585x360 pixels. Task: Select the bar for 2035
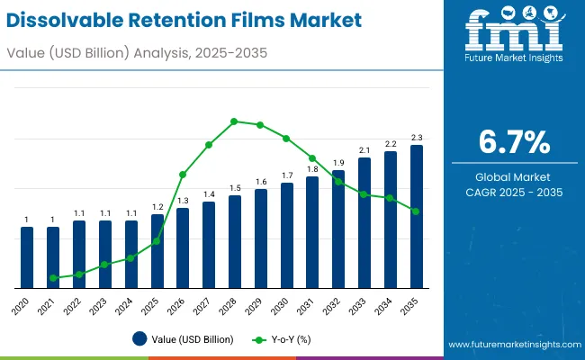pyautogui.click(x=417, y=216)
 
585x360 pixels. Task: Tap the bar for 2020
pyautogui.click(x=27, y=256)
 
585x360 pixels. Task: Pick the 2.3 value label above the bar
pyautogui.click(x=417, y=137)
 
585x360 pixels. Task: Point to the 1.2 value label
pyautogui.click(x=157, y=206)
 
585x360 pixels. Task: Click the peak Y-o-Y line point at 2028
pyautogui.click(x=235, y=121)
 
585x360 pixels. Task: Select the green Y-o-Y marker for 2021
pyautogui.click(x=53, y=278)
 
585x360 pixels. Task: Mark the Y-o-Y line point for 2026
pyautogui.click(x=183, y=174)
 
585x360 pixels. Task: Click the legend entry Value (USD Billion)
pyautogui.click(x=184, y=339)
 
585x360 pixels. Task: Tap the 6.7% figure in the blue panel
pyautogui.click(x=514, y=142)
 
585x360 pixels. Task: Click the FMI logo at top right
pyautogui.click(x=513, y=36)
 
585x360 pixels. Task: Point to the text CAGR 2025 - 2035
pyautogui.click(x=514, y=192)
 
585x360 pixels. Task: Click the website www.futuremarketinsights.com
pyautogui.click(x=510, y=345)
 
